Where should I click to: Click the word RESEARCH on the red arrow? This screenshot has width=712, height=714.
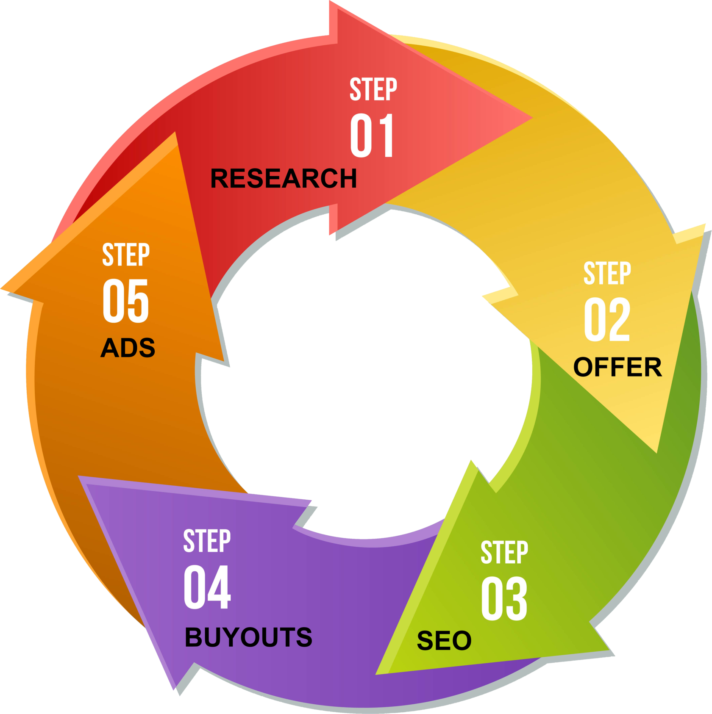coord(284,178)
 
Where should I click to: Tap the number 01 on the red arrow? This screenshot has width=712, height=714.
coord(372,136)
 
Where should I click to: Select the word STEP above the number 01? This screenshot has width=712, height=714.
coord(373,89)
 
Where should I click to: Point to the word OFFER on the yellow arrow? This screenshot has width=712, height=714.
coord(617,367)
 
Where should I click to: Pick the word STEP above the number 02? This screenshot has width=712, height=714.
coord(607,273)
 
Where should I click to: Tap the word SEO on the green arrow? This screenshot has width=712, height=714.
coord(444,640)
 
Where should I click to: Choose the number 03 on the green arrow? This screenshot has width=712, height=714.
coord(504,598)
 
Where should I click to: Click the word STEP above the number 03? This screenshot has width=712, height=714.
coord(504,552)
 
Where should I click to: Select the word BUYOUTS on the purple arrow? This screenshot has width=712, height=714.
coord(248,637)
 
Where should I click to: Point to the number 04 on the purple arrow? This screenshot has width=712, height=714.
coord(207,587)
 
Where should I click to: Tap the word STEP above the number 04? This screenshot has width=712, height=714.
coord(207,541)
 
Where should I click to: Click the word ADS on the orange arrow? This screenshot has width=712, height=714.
coord(128,348)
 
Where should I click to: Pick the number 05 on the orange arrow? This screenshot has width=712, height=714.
coord(125,301)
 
